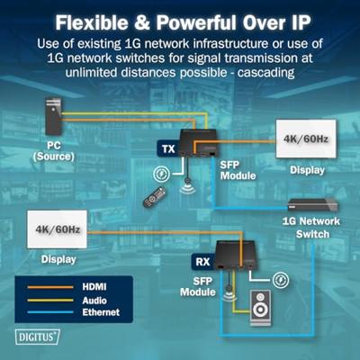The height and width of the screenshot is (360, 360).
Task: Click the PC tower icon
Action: (x=53, y=116)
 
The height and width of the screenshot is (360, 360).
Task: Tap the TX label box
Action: (x=168, y=148)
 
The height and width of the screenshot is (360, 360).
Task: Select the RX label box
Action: (x=202, y=262)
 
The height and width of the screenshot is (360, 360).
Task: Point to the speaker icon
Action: (x=260, y=308)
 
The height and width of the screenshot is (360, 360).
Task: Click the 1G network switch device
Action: (x=312, y=205)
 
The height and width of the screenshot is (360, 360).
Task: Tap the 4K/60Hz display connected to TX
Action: (x=306, y=139)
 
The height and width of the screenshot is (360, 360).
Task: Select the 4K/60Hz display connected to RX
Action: (x=57, y=229)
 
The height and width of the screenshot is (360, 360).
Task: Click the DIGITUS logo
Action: (x=37, y=337)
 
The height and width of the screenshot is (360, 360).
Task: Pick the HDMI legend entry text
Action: (x=94, y=286)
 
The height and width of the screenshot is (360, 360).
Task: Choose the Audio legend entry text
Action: (x=94, y=301)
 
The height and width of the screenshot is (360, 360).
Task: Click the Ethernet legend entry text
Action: (x=101, y=312)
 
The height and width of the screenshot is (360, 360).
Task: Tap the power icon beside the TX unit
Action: (x=161, y=174)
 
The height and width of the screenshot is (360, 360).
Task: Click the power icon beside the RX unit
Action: (x=281, y=280)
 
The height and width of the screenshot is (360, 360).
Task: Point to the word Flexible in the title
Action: (x=92, y=22)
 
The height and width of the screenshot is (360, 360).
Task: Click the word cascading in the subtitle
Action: (x=265, y=72)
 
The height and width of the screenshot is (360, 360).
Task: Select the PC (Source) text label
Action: (x=53, y=151)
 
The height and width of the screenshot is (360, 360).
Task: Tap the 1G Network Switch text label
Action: (x=311, y=228)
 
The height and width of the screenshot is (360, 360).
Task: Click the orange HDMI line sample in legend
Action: (x=50, y=287)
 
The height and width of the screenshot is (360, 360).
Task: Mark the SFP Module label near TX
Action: (x=238, y=170)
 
